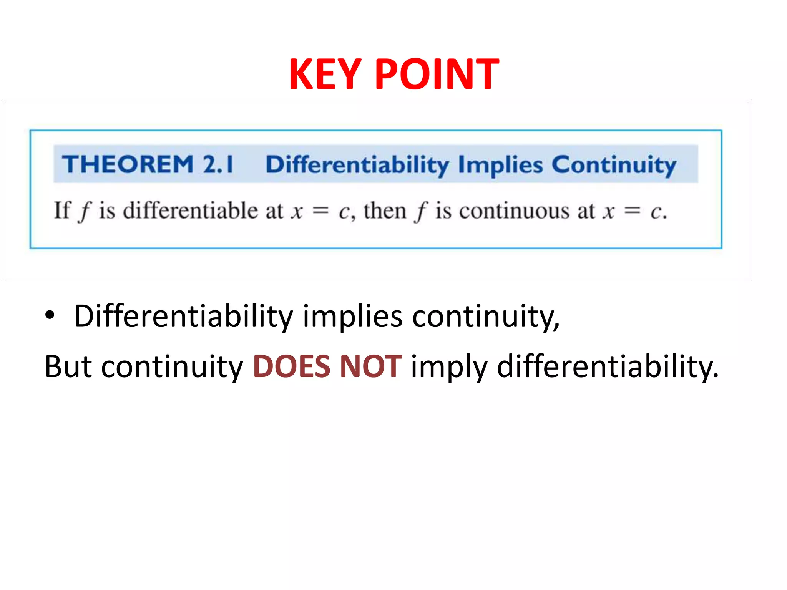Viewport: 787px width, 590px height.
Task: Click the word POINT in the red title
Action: [437, 74]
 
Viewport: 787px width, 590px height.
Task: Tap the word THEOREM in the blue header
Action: [128, 164]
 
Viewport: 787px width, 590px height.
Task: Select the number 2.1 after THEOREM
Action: [218, 164]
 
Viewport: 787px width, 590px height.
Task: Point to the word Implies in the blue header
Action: [500, 165]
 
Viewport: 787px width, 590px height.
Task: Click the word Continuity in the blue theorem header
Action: [614, 165]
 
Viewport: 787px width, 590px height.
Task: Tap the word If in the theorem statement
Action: [62, 210]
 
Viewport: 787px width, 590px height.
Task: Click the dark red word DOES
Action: [292, 366]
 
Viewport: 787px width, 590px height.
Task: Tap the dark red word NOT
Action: [371, 366]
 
